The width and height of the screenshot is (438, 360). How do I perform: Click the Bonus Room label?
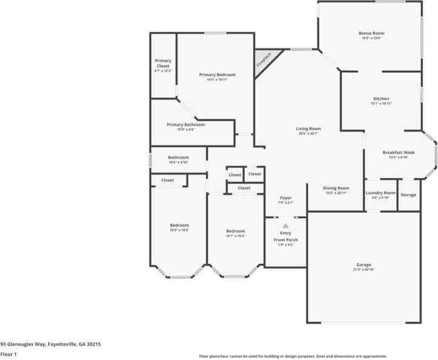tap(371, 33)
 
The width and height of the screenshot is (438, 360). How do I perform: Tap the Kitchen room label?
tap(381, 99)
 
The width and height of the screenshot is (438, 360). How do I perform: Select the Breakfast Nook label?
tap(398, 152)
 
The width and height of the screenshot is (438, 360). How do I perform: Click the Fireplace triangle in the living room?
tap(263, 61)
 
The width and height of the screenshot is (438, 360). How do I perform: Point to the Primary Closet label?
tap(163, 63)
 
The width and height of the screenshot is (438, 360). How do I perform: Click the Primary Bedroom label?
tap(217, 75)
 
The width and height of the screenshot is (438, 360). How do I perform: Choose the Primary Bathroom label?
tap(186, 124)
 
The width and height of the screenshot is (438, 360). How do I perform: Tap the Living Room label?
tap(308, 128)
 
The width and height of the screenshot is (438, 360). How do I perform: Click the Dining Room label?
tap(336, 188)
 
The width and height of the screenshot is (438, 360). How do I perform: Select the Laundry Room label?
tap(380, 193)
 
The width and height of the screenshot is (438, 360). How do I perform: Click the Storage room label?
tap(408, 195)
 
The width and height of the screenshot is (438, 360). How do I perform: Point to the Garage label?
tap(363, 265)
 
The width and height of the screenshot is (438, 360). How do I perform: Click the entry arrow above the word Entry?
tap(285, 225)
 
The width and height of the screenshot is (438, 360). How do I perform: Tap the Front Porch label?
tap(285, 240)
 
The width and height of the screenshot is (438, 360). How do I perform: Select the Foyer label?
tap(285, 198)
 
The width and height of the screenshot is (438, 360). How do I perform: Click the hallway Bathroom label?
tap(179, 158)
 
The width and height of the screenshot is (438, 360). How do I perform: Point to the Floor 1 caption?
tap(8, 354)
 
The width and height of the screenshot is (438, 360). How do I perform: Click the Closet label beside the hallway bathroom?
tap(167, 180)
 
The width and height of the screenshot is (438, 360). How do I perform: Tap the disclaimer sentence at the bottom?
tap(293, 356)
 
